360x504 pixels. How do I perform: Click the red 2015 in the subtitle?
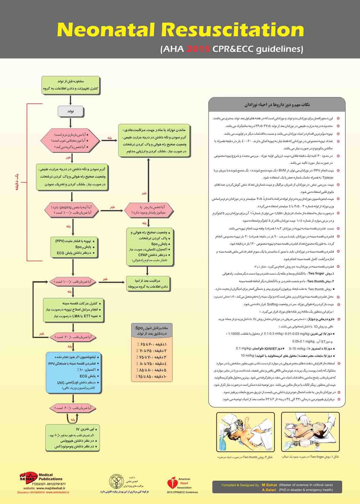(x=198, y=49)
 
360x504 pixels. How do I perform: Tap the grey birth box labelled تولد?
(x=70, y=111)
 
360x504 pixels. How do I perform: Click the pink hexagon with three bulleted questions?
(x=70, y=140)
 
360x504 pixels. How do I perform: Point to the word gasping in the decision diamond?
(x=66, y=207)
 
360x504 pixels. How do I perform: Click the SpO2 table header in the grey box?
(x=152, y=330)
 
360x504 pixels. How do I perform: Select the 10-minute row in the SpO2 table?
(x=151, y=377)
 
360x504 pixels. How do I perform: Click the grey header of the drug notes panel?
(x=277, y=105)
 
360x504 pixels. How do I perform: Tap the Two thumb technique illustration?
(x=245, y=431)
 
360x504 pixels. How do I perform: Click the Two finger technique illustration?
(x=310, y=431)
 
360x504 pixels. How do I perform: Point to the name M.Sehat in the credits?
(x=269, y=485)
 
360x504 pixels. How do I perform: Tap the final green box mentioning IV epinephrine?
(x=73, y=438)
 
